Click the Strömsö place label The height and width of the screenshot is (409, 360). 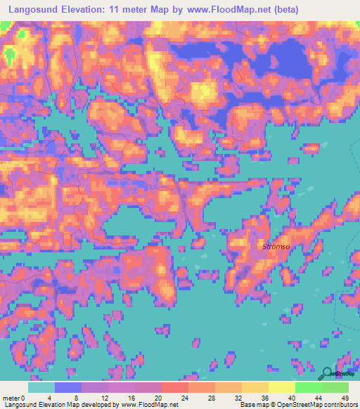click(276, 246)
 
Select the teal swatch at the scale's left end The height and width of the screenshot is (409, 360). click(41, 387)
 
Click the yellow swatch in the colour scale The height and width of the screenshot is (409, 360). click(282, 387)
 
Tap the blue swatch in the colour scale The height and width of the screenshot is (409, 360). click(68, 387)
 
